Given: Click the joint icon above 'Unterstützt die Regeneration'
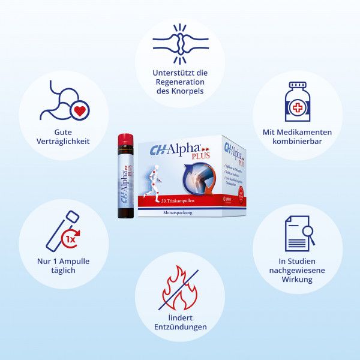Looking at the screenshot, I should [180, 44].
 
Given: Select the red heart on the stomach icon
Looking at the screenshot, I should [78, 111].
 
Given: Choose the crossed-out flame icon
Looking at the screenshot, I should [178, 290].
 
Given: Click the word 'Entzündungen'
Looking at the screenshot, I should [180, 327].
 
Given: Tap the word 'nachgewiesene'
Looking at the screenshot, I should [297, 269].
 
